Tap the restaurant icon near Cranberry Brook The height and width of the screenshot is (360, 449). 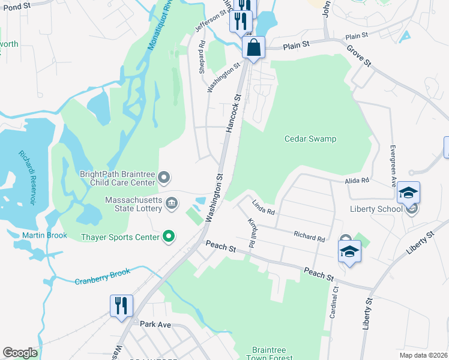click(121, 305)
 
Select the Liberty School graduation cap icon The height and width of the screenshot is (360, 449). click(408, 193)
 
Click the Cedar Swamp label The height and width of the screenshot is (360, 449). click(310, 139)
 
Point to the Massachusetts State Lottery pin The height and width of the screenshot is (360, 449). click(172, 202)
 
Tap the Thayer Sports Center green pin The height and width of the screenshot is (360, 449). click(169, 237)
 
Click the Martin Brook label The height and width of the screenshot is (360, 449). click(44, 235)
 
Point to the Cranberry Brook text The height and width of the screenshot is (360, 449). click(102, 277)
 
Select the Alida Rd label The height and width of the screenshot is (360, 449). click(357, 180)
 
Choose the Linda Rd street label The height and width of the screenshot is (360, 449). click(263, 208)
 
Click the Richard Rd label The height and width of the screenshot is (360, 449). click(309, 236)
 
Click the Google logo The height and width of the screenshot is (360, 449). click(20, 353)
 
